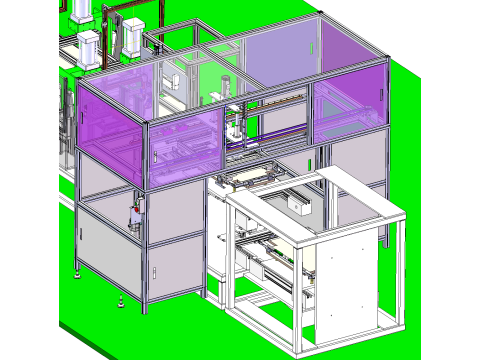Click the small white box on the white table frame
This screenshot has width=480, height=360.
tap(298, 204)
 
